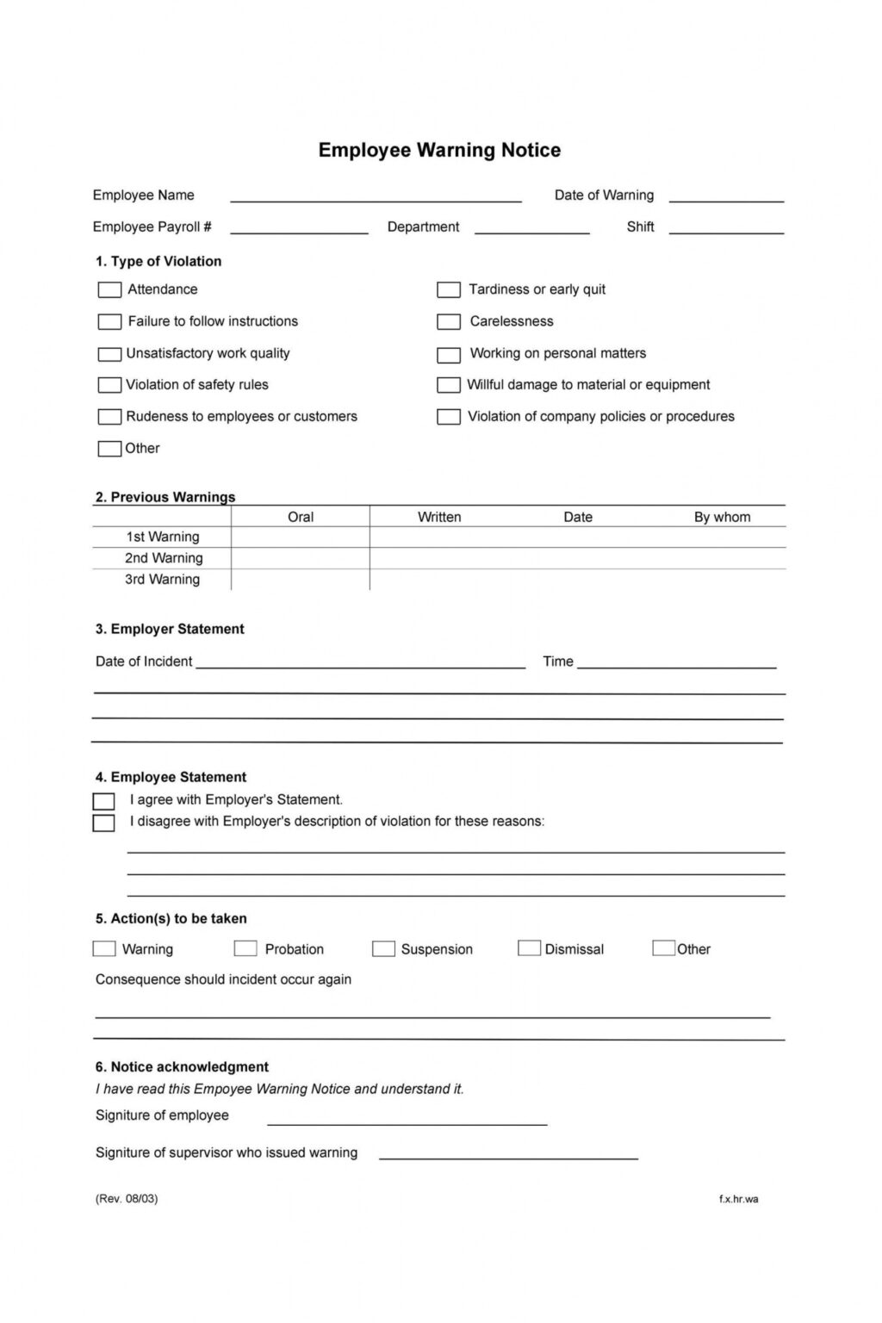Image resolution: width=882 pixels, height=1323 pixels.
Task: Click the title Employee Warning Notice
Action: point(439,150)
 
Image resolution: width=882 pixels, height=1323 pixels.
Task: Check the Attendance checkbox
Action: point(109,290)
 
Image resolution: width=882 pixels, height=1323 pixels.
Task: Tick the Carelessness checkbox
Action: point(449,322)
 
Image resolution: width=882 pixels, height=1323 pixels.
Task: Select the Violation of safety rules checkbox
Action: point(109,385)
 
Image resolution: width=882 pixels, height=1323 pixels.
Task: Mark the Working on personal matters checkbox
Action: point(449,354)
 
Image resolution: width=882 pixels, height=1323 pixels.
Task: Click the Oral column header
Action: point(301,517)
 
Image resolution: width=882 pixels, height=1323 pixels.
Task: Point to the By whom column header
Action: point(722,517)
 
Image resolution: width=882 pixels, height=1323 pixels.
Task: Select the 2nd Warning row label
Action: point(164,558)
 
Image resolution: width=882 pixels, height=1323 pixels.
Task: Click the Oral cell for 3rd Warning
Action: point(301,580)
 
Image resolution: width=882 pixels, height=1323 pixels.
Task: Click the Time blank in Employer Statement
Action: point(677,663)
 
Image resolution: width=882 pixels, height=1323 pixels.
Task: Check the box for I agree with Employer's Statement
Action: point(103,801)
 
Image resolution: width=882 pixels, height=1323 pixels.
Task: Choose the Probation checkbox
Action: point(245,948)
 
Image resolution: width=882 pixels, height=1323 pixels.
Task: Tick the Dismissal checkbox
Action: point(529,948)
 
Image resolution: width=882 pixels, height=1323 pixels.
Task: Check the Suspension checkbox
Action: point(383,948)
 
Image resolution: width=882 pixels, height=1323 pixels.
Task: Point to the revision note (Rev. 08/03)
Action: point(127,1199)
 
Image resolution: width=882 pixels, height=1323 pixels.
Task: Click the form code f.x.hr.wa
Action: point(739,1199)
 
